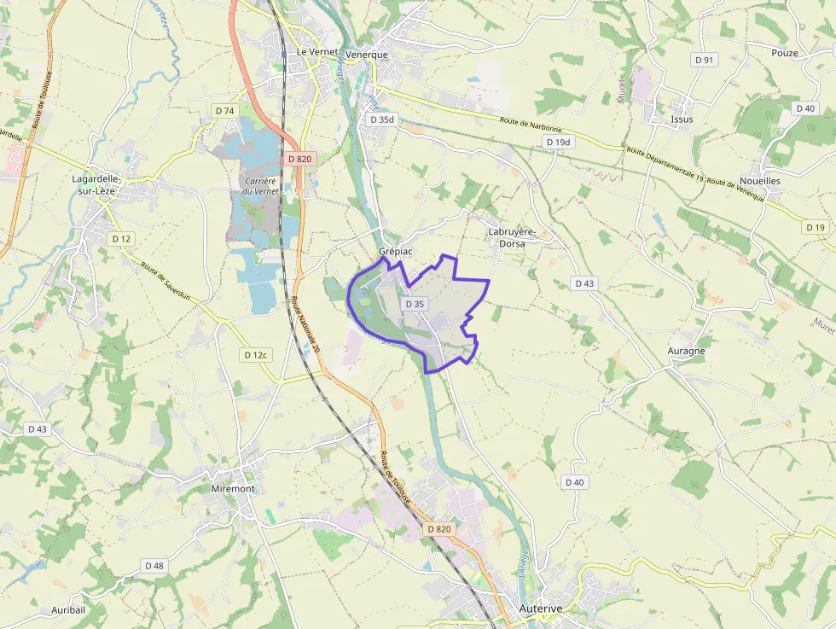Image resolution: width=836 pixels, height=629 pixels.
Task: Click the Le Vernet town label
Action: [x=313, y=52]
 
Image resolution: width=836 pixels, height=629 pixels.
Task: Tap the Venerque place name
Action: [x=367, y=55]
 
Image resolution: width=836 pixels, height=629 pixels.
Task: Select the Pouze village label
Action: [x=784, y=53]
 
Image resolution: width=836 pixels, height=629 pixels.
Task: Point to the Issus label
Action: [x=682, y=119]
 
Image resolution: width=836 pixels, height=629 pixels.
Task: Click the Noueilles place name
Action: [x=760, y=182]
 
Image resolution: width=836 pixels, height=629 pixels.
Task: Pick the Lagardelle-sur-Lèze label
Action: [x=98, y=185]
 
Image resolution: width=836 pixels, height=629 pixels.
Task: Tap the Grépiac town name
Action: [x=396, y=253]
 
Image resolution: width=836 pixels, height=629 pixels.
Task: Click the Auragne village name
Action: [x=686, y=351]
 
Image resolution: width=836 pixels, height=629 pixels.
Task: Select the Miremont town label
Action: [x=232, y=489]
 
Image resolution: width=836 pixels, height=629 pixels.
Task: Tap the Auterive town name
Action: [x=541, y=609]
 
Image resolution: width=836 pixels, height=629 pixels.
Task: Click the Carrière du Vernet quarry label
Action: [x=259, y=186]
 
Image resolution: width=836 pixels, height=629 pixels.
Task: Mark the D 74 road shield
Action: [x=224, y=111]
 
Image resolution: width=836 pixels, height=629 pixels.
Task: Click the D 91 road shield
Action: [x=704, y=60]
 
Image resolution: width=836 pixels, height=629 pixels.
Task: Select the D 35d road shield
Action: [x=383, y=119]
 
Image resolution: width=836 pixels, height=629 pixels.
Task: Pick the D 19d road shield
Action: [x=558, y=142]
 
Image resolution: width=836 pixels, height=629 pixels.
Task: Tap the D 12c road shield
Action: [x=255, y=355]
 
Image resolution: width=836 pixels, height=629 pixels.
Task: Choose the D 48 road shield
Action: [x=154, y=566]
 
